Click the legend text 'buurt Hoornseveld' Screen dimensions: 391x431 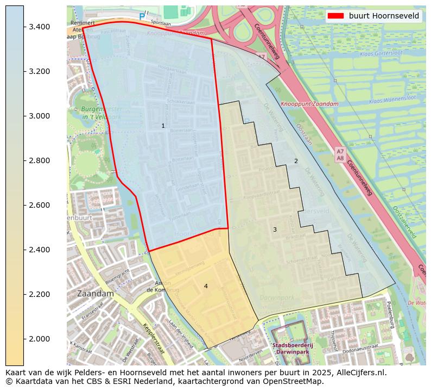[384, 16]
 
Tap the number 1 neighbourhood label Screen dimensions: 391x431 [163, 126]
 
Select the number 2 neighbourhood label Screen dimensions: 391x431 [296, 161]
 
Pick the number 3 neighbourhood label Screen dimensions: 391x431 [275, 229]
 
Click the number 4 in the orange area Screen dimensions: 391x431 [206, 286]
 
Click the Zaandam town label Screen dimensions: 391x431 [96, 293]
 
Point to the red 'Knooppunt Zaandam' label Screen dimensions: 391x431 [309, 104]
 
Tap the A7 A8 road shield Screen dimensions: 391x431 [340, 154]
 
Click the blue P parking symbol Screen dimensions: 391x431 [142, 17]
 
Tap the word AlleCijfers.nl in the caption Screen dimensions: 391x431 [359, 373]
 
